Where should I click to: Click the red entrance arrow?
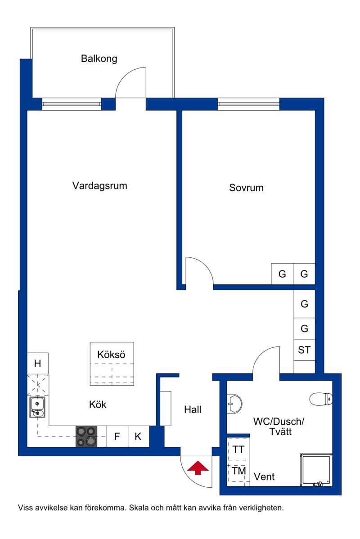tap(198, 468)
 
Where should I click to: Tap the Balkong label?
tap(99, 58)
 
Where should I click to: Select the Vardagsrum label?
tap(100, 186)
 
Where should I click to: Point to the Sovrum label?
tap(246, 188)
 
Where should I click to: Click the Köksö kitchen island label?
tap(111, 355)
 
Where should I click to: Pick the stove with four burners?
tap(86, 436)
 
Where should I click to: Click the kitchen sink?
tap(37, 407)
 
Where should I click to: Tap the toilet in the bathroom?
tap(321, 399)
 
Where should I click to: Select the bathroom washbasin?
tap(234, 403)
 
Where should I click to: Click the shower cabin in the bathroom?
tap(316, 470)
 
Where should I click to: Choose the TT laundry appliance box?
tap(238, 449)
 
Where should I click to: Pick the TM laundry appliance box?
tap(238, 471)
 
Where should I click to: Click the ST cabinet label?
tap(304, 350)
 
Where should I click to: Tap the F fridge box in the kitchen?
tap(117, 436)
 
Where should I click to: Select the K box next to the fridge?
tap(138, 436)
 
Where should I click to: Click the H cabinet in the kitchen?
tap(37, 363)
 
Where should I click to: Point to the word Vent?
tap(264, 477)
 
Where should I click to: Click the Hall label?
tap(193, 409)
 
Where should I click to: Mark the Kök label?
tap(98, 404)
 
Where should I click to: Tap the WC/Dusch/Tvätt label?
tap(279, 426)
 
